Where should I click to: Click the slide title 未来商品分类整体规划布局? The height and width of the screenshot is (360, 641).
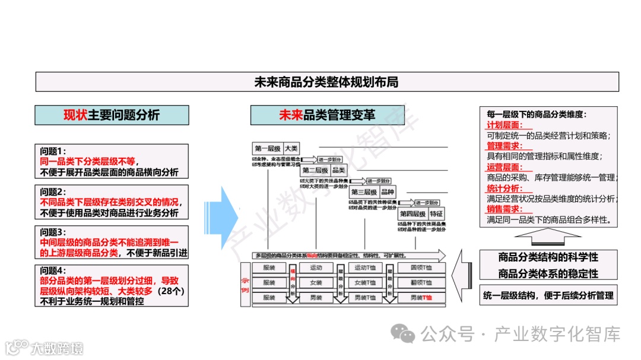326,82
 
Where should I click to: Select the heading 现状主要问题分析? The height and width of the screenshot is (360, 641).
112,115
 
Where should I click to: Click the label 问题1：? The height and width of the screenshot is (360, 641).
53,151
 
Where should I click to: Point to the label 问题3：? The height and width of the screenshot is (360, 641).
53,232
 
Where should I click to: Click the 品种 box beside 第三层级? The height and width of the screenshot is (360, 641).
387,192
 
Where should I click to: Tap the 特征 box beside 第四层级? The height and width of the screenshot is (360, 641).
436,214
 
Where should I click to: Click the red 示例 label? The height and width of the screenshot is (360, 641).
245,283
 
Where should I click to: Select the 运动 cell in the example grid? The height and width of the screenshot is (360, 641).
316,268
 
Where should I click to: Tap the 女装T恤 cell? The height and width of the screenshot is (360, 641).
365,283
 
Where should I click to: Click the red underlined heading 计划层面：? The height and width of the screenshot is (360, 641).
504,125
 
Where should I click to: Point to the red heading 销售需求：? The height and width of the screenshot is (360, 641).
504,209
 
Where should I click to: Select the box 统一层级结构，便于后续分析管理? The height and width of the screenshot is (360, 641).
548,295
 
